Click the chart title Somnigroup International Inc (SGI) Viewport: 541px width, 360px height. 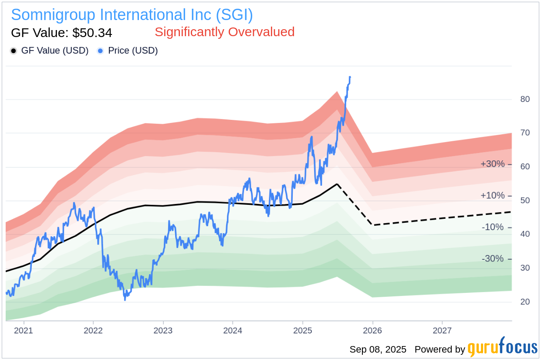(x=132, y=15)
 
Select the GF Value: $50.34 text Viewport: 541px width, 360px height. (x=61, y=33)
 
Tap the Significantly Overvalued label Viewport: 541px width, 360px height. (x=224, y=32)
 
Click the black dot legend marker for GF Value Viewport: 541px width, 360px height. (x=14, y=51)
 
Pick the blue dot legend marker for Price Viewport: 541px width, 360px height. (x=100, y=51)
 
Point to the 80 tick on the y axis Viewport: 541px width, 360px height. (x=525, y=99)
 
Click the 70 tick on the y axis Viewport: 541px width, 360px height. (x=525, y=133)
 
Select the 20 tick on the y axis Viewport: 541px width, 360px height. (x=525, y=302)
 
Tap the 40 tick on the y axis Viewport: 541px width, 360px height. (x=525, y=234)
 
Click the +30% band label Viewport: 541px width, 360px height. (x=492, y=164)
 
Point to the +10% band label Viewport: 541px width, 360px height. (x=492, y=196)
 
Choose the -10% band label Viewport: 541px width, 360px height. (x=492, y=227)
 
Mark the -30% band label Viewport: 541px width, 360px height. (x=492, y=259)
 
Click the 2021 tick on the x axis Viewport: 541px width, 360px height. (x=24, y=330)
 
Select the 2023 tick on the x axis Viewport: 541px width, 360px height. (x=163, y=330)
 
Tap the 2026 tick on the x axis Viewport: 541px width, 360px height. (x=372, y=330)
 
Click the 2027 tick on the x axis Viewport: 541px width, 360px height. (x=442, y=330)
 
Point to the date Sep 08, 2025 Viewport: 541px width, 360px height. (x=378, y=350)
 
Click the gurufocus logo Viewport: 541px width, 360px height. (x=502, y=348)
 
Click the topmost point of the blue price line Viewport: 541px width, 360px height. (x=350, y=77)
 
